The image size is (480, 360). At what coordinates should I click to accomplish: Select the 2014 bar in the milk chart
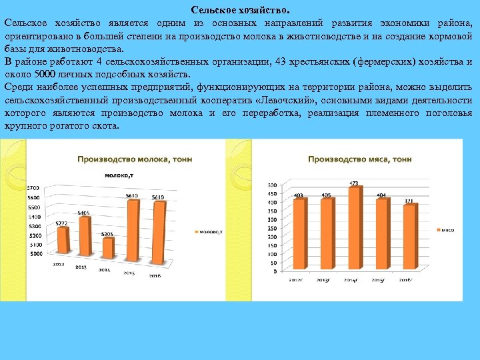coord(107,247)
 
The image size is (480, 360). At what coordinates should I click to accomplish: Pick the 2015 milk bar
coord(133,227)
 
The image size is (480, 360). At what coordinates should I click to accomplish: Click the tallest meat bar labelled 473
coord(355,227)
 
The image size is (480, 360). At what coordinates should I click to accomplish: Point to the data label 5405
coord(83,213)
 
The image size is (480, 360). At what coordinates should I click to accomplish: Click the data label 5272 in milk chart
coord(61,223)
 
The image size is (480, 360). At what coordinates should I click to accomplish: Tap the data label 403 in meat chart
coord(299,195)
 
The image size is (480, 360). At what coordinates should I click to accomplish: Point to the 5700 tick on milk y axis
coord(33,188)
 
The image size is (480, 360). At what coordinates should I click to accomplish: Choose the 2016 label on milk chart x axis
coord(155,275)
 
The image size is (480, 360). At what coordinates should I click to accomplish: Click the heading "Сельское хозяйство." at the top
coord(240,10)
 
